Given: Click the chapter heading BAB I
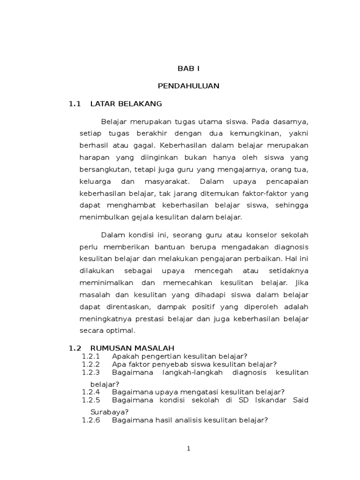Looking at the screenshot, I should [188, 68].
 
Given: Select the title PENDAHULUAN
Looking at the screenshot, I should [188, 86].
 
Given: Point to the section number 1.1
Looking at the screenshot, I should [75, 104].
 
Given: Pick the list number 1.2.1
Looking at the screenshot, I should [91, 356].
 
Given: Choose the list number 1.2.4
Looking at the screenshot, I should [91, 391].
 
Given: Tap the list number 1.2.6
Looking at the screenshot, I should [91, 420].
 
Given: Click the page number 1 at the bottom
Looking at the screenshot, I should [188, 449].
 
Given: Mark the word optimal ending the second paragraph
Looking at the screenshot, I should [120, 330].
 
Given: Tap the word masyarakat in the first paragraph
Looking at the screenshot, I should [166, 181].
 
